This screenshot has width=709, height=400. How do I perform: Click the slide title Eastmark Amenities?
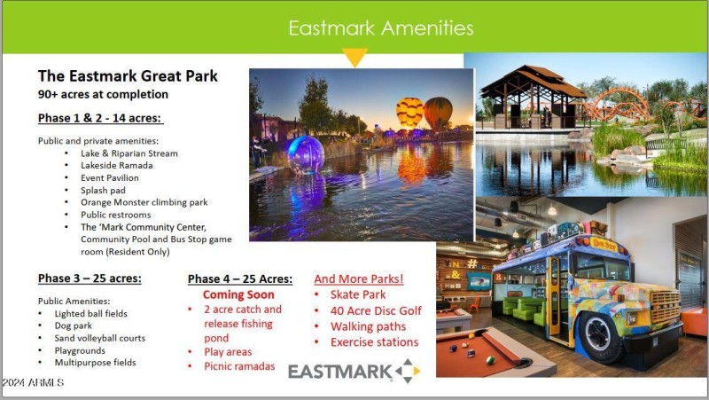(381, 27)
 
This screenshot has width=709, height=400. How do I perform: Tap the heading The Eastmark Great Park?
(128, 76)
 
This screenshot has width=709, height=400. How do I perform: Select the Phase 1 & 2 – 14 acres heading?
(100, 118)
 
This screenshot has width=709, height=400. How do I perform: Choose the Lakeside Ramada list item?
(116, 166)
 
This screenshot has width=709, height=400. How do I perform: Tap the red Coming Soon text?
(238, 294)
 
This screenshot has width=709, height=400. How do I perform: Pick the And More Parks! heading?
(359, 278)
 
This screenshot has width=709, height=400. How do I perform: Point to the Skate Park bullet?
(357, 294)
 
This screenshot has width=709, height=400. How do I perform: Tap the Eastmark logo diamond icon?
(407, 371)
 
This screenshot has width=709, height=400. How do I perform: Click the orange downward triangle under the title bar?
(354, 59)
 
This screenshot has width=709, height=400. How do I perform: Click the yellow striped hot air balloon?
(409, 112)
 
